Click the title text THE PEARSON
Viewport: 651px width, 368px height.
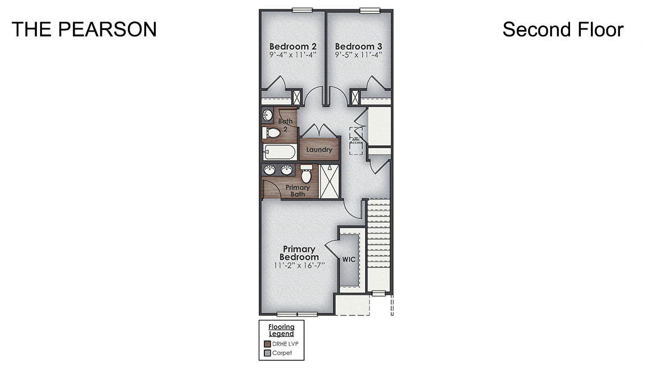tap(84, 29)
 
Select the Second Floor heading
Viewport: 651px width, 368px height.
tap(563, 29)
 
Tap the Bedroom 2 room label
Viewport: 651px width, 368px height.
tap(293, 46)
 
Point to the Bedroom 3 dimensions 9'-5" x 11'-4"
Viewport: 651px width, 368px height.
tap(358, 55)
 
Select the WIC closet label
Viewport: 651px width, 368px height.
tap(349, 259)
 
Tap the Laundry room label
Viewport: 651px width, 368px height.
tap(319, 150)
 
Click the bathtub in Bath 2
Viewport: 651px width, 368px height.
tap(279, 152)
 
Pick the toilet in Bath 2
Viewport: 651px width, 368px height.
tap(272, 133)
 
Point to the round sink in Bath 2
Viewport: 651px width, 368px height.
tap(268, 116)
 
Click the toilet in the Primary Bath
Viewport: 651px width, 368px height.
tap(306, 174)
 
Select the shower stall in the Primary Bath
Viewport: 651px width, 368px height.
tap(329, 181)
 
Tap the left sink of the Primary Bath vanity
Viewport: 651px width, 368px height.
tap(270, 170)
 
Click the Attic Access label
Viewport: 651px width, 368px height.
tap(356, 140)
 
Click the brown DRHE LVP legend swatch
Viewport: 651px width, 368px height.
tap(268, 344)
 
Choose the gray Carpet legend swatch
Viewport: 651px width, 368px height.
tap(268, 353)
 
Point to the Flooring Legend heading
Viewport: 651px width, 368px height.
tap(281, 330)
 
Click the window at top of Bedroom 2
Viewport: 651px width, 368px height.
tap(302, 10)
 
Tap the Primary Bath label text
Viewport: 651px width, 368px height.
tap(297, 191)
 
